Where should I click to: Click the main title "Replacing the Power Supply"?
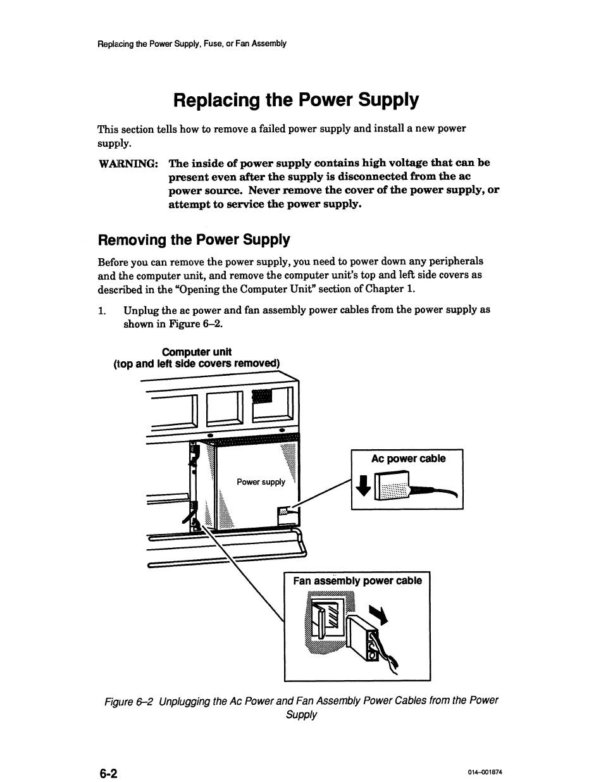[295, 101]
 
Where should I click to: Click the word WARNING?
[128, 164]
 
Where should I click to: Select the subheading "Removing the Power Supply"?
[194, 240]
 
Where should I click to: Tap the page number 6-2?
[108, 773]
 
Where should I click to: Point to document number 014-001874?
[485, 773]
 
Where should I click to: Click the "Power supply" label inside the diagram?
[261, 482]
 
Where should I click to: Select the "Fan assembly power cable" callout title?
[357, 581]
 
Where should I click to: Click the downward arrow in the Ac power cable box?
[363, 486]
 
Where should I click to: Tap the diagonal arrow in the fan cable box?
[378, 612]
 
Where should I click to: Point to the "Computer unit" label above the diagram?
[197, 352]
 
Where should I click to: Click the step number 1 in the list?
[101, 311]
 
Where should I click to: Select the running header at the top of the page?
[192, 44]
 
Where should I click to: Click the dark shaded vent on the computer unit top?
[262, 396]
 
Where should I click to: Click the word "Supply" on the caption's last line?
[301, 715]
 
